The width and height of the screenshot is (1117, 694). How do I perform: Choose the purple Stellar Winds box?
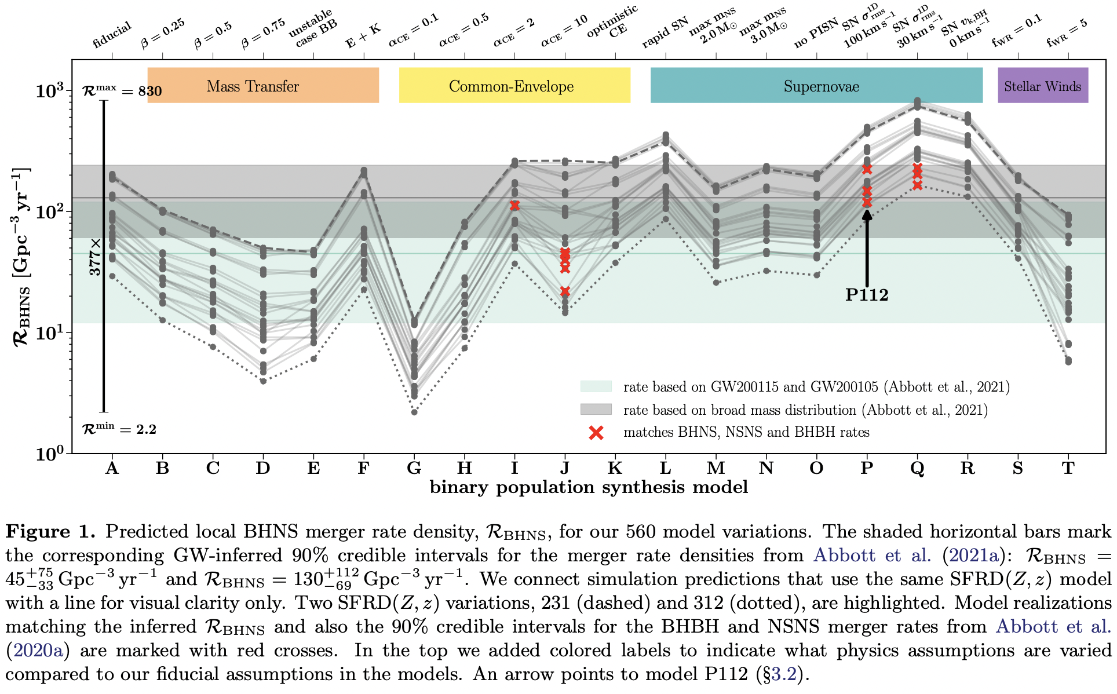(x=1042, y=86)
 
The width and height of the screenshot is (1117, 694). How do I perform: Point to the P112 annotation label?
(x=867, y=295)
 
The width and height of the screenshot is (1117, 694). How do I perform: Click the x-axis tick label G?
(x=414, y=468)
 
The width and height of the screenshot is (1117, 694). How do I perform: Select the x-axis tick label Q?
(x=917, y=468)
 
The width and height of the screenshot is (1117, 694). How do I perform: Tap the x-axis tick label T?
(x=1068, y=468)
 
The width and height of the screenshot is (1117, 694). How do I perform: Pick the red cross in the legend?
(x=596, y=432)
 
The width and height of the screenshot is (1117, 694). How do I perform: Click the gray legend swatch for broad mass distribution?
(x=596, y=410)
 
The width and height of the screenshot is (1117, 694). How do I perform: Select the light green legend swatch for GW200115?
(x=596, y=386)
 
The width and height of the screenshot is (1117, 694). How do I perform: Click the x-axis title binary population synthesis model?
(x=589, y=487)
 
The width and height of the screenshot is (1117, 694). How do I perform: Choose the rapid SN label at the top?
(x=665, y=32)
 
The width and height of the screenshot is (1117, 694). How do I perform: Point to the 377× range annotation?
(x=94, y=257)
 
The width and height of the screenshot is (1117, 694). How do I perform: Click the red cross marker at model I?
(x=514, y=206)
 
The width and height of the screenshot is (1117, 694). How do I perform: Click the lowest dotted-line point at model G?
(x=414, y=412)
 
